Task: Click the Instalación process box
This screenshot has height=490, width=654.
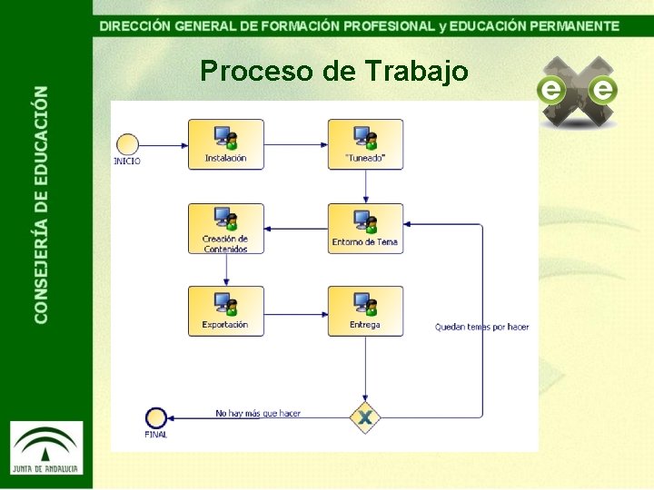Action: point(226,144)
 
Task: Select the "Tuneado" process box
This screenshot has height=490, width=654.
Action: point(365,144)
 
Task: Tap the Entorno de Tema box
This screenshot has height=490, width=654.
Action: point(365,228)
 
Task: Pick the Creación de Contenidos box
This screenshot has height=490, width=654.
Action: point(226,228)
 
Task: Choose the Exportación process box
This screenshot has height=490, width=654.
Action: point(226,311)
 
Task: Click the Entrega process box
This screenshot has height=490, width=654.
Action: point(365,311)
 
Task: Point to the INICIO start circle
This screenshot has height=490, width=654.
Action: point(127,143)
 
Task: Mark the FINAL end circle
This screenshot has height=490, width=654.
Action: point(155,417)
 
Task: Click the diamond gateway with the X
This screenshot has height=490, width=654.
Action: point(365,417)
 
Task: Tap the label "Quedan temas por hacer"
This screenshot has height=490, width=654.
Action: point(481,327)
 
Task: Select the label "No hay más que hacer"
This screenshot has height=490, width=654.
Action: point(258,413)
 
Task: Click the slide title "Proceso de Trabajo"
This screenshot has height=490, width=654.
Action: point(334,71)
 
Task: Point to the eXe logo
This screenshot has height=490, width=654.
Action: point(577,91)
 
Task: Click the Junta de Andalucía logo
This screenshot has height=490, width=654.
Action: point(46,446)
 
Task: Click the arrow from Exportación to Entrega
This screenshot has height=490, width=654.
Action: point(296,311)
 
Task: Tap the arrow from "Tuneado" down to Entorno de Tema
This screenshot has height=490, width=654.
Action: point(365,186)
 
